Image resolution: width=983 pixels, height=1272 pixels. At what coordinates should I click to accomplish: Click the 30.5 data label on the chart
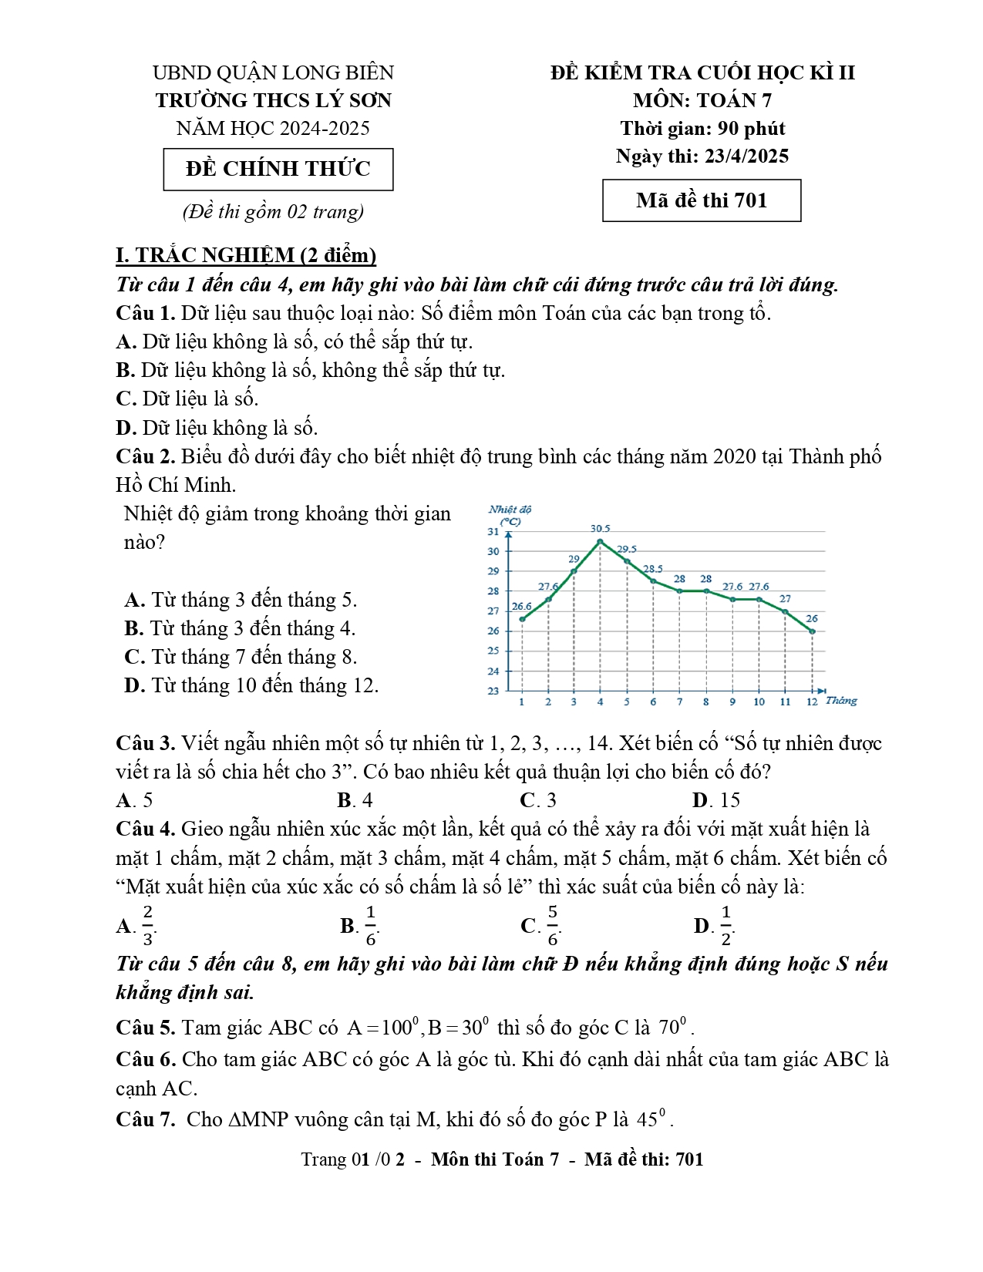600,529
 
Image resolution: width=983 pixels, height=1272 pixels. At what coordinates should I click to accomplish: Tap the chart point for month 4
600,541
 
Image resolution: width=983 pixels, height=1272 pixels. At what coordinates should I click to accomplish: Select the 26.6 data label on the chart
522,607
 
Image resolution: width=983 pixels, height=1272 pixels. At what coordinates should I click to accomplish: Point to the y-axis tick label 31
493,532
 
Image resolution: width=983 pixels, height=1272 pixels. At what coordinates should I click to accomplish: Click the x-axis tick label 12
812,702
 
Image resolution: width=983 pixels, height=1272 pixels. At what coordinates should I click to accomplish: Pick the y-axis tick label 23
493,691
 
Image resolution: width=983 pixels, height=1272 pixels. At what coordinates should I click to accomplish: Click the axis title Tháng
841,701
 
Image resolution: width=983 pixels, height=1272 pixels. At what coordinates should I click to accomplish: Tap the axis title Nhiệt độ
510,510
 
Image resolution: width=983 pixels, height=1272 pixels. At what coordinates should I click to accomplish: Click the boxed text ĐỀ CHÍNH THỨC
278,169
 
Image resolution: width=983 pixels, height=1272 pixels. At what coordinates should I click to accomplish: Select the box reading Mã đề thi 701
702,200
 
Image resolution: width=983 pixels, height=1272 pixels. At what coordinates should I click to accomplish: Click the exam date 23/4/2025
746,156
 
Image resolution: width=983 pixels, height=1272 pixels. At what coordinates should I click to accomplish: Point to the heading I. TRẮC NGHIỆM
246,255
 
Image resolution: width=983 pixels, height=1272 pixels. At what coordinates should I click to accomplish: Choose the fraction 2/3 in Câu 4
148,926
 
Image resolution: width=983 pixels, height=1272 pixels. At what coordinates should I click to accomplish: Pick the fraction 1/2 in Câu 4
725,926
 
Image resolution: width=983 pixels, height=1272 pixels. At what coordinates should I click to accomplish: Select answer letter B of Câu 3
345,800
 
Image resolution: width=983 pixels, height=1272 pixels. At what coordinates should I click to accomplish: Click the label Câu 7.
146,1119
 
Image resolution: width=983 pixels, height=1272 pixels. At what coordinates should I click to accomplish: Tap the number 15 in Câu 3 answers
729,800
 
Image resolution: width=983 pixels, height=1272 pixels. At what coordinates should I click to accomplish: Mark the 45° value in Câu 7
654,1119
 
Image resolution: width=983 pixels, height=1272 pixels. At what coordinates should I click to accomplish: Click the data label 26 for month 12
812,618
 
